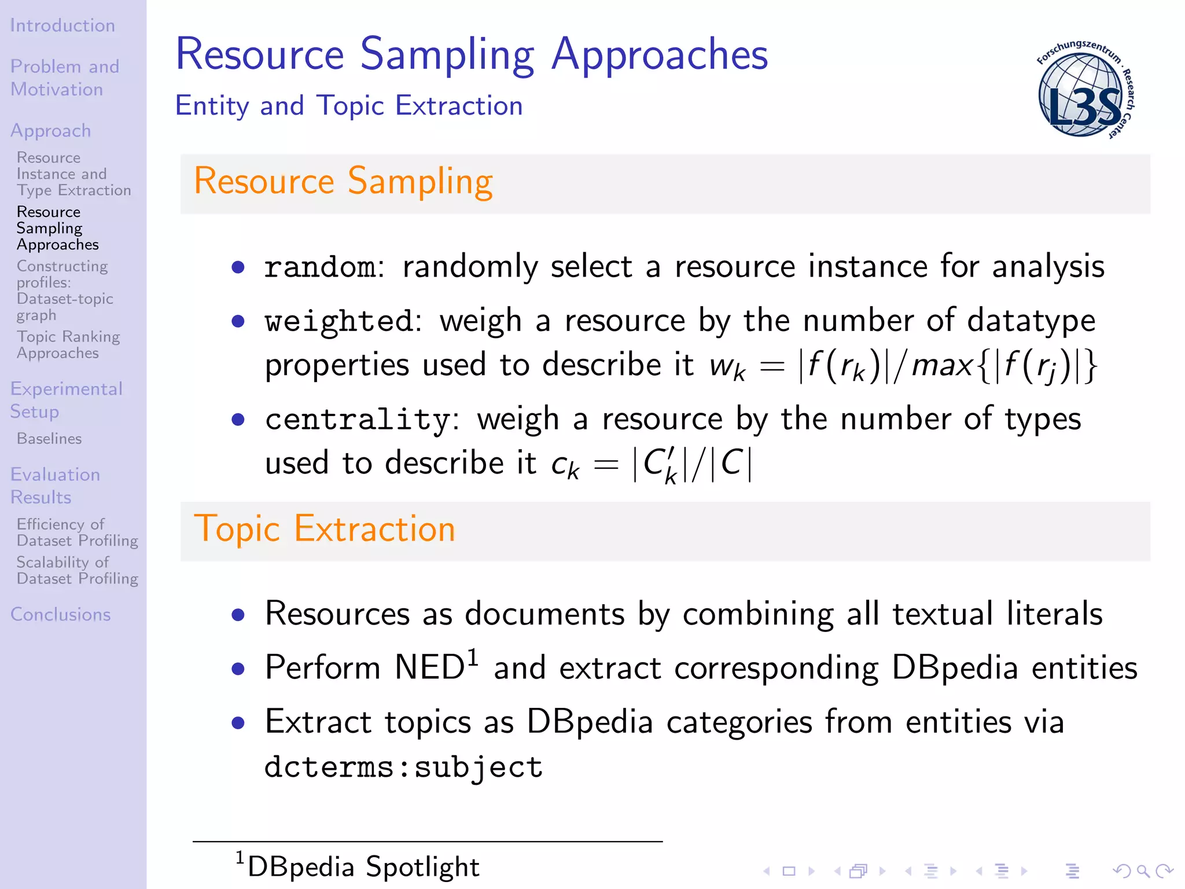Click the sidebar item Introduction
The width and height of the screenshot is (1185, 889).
tap(62, 25)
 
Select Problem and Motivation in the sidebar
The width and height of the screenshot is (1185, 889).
tap(64, 78)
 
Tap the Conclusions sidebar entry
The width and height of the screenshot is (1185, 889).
tap(60, 614)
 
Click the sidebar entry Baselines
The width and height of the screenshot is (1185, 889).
tap(49, 439)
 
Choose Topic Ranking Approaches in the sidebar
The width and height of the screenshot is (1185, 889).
tap(68, 344)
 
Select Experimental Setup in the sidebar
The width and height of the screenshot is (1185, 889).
tap(66, 399)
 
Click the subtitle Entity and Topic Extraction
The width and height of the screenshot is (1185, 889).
tap(348, 106)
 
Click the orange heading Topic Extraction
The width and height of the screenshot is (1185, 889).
tap(325, 528)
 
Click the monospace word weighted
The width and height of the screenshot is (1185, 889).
tap(338, 322)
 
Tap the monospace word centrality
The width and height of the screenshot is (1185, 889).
tap(357, 420)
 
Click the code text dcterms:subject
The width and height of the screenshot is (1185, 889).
tap(403, 767)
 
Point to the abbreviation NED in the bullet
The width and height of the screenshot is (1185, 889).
tap(429, 667)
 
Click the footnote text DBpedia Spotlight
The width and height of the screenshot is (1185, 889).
tap(363, 867)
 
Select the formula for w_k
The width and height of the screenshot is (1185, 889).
tap(903, 366)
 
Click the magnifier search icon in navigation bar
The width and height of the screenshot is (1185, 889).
tap(1143, 870)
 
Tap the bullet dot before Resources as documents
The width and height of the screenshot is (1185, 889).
tap(238, 615)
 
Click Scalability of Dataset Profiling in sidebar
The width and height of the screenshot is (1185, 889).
tap(77, 570)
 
